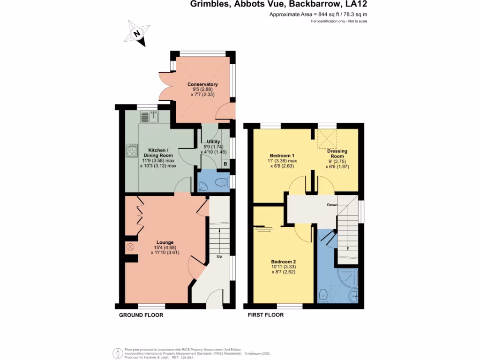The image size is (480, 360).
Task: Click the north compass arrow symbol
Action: click(137, 34)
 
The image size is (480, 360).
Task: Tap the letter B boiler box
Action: click(225, 164)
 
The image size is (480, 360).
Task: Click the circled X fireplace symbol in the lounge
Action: click(130, 246)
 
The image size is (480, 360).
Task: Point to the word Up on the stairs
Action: click(219, 257)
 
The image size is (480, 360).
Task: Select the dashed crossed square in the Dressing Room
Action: click(328, 138)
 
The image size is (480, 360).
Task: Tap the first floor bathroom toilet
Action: click(322, 295)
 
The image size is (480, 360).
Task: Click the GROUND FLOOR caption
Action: click(141, 315)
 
